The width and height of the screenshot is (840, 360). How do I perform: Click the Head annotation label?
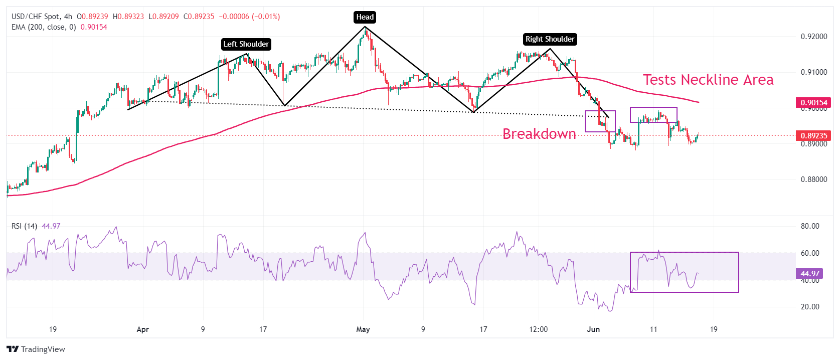click(x=365, y=17)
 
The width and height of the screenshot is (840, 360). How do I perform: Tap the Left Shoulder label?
click(x=246, y=44)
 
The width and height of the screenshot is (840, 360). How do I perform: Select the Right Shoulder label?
click(x=550, y=39)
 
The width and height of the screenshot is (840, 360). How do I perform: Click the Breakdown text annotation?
click(x=539, y=134)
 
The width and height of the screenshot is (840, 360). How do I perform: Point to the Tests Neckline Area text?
click(x=708, y=80)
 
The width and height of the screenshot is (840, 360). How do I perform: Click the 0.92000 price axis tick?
click(x=813, y=37)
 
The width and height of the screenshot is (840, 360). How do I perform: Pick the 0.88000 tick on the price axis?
click(x=813, y=179)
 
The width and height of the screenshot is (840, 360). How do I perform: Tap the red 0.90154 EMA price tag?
click(x=813, y=103)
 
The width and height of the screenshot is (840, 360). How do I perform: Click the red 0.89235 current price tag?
click(x=813, y=136)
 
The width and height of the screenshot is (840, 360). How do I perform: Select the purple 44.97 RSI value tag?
click(x=809, y=274)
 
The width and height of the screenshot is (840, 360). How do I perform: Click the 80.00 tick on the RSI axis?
click(x=810, y=226)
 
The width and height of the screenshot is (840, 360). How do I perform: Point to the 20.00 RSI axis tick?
click(x=810, y=307)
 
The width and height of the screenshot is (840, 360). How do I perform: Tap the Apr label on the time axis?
click(x=143, y=329)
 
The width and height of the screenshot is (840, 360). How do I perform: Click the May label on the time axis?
click(x=363, y=329)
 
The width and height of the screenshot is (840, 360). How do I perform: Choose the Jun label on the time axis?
click(x=593, y=329)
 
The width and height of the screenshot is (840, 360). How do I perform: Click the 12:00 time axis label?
click(x=538, y=329)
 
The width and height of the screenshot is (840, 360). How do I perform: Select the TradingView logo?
click(x=36, y=349)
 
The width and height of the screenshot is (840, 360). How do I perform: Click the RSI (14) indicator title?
click(x=24, y=226)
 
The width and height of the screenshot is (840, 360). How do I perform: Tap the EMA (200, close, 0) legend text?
click(x=44, y=27)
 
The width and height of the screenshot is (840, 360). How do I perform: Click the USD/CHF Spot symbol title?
click(x=35, y=17)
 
